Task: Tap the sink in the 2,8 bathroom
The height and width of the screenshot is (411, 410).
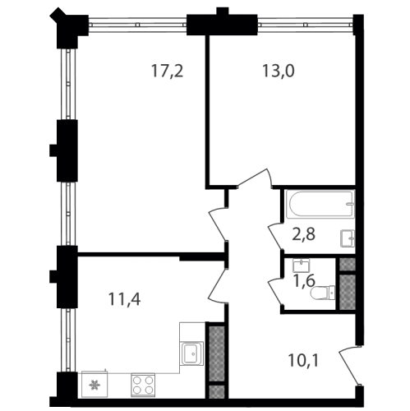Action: (348, 238)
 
